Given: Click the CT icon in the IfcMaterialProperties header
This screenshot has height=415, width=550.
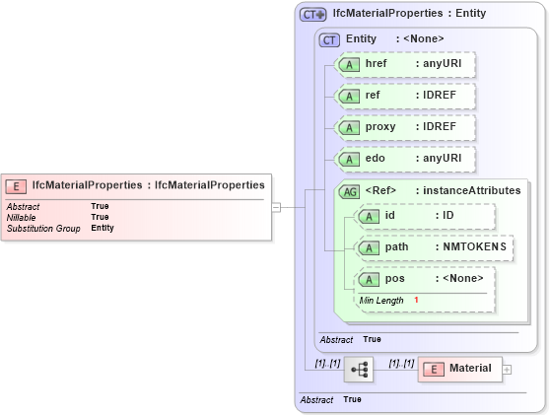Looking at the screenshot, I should [x=313, y=15].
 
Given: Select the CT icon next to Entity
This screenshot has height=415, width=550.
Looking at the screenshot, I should [x=329, y=38].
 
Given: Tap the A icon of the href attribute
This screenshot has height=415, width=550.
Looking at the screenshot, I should [x=349, y=64].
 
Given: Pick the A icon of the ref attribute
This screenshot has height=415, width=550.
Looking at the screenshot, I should [x=349, y=96].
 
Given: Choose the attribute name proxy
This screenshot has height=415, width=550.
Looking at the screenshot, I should [x=380, y=127].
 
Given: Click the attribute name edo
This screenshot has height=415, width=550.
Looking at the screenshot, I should [x=375, y=159].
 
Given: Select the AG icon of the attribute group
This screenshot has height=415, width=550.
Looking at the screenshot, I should [x=349, y=191].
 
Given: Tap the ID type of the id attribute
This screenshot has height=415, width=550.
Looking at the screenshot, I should [x=447, y=216].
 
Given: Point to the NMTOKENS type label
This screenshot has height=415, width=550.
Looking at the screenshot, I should [x=473, y=247].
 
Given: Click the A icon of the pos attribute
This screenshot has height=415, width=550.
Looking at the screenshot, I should [x=369, y=279].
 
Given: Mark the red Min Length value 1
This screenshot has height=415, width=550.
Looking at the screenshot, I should [x=416, y=300].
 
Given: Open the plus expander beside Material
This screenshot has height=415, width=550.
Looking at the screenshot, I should [x=508, y=370].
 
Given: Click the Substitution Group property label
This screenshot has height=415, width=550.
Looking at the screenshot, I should [x=43, y=228].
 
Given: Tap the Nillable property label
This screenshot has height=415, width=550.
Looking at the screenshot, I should [x=22, y=217].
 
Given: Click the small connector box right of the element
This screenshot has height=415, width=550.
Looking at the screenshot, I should [x=277, y=207].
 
